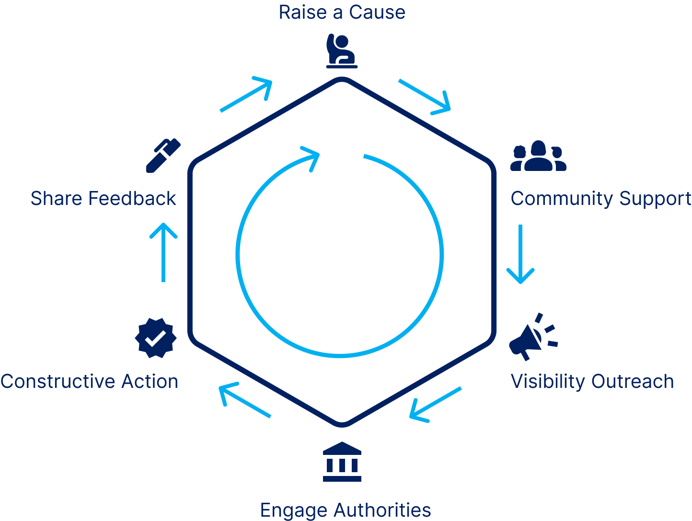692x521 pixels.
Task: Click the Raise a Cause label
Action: (342, 12)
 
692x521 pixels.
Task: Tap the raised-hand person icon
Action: (341, 51)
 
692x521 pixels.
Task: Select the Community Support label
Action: (600, 199)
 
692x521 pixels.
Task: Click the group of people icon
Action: (538, 156)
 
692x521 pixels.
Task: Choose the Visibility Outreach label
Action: (592, 382)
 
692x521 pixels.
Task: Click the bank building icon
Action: (342, 462)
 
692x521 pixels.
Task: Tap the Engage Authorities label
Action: (345, 510)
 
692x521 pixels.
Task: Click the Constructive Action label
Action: (89, 382)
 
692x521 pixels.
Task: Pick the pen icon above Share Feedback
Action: (162, 155)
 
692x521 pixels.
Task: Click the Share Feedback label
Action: (104, 199)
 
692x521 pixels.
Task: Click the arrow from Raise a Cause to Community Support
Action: (424, 97)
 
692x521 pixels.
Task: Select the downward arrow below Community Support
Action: (520, 254)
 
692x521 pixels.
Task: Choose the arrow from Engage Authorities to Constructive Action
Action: (245, 400)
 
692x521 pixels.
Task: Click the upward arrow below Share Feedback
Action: (163, 252)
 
